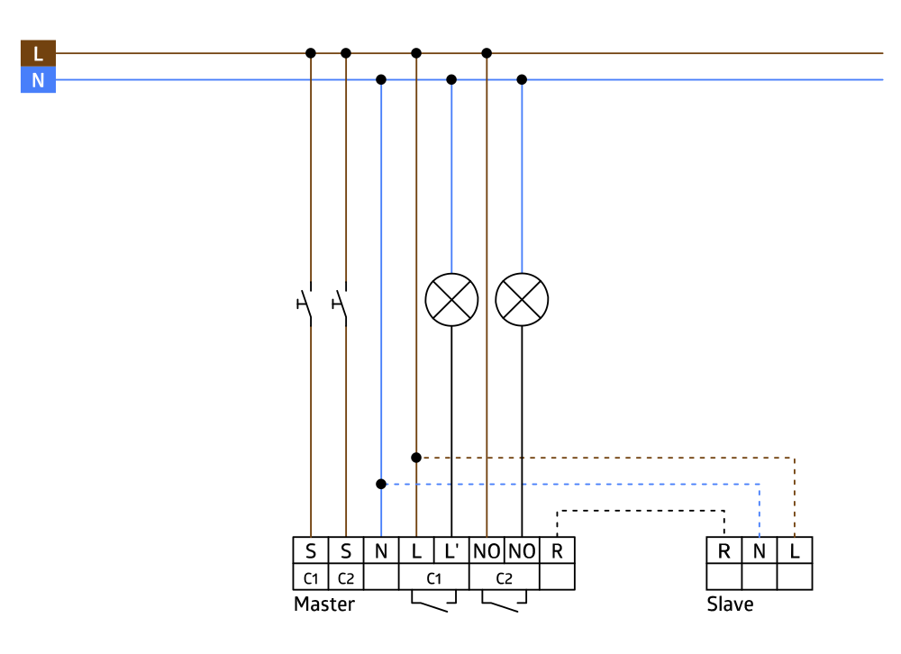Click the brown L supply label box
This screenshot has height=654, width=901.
click(x=38, y=53)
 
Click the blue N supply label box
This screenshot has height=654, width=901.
click(x=38, y=80)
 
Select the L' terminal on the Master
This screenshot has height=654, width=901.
click(x=451, y=550)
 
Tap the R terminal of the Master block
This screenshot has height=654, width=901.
click(x=557, y=550)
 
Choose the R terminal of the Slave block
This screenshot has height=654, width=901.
click(x=724, y=550)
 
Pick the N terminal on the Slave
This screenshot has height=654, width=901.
click(x=760, y=550)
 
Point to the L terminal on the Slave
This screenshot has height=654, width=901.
click(x=795, y=550)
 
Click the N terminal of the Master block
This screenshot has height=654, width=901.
click(x=381, y=550)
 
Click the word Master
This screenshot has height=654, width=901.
click(x=324, y=604)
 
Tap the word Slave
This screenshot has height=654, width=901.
click(x=730, y=604)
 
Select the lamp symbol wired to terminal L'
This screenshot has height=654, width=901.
click(x=451, y=299)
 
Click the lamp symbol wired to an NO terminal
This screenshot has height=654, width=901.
click(x=522, y=299)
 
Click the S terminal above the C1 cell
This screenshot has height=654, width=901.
click(x=311, y=550)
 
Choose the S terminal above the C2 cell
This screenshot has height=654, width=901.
click(x=346, y=550)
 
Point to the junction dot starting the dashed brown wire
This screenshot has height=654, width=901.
click(x=416, y=458)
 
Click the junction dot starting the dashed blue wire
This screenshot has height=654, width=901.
click(x=381, y=484)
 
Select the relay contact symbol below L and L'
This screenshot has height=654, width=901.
click(x=433, y=602)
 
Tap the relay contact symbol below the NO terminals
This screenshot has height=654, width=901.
click(x=504, y=602)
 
